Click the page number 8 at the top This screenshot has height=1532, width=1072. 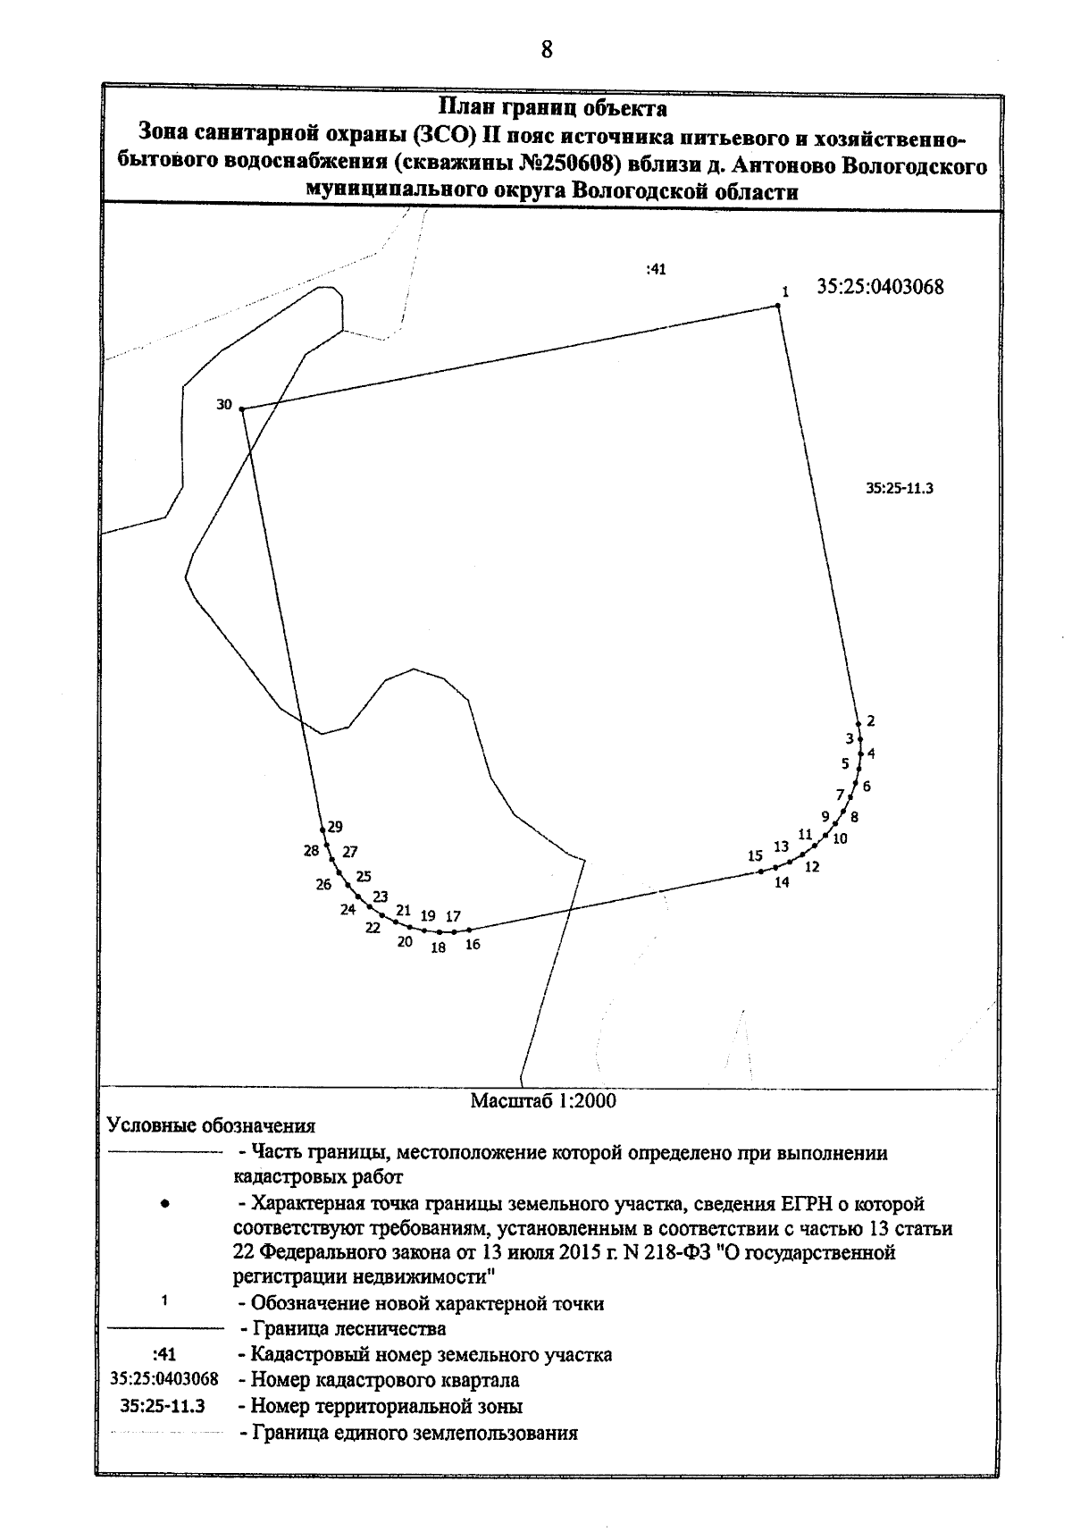coord(547,50)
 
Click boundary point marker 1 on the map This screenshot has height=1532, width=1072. coord(777,307)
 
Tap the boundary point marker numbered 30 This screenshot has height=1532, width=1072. coord(242,409)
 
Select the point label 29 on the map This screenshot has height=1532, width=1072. coord(335,827)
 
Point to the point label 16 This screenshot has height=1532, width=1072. coord(473,944)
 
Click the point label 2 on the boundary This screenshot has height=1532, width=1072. coord(871,721)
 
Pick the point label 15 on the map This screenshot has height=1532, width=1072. coord(756,855)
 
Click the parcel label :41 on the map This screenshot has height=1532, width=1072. coord(656,269)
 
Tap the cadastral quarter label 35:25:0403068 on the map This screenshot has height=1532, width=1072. coord(880,287)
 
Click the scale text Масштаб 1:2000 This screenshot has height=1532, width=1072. coord(543,1101)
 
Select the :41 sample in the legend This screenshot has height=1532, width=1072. coord(164,1355)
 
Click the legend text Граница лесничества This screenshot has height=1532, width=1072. coord(348,1328)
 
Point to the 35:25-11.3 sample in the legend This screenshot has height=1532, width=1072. coord(164,1406)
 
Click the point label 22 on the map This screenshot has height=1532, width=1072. coord(373,928)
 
